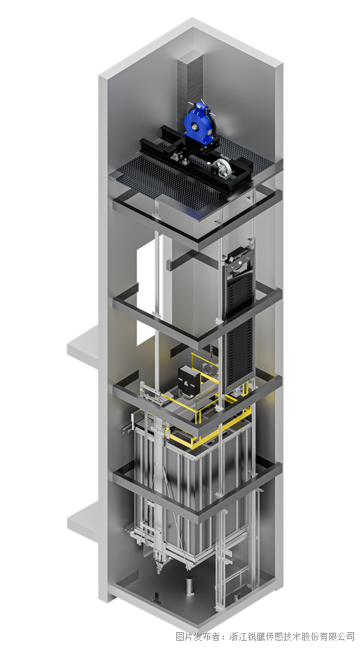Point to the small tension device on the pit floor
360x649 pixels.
[157, 597]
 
